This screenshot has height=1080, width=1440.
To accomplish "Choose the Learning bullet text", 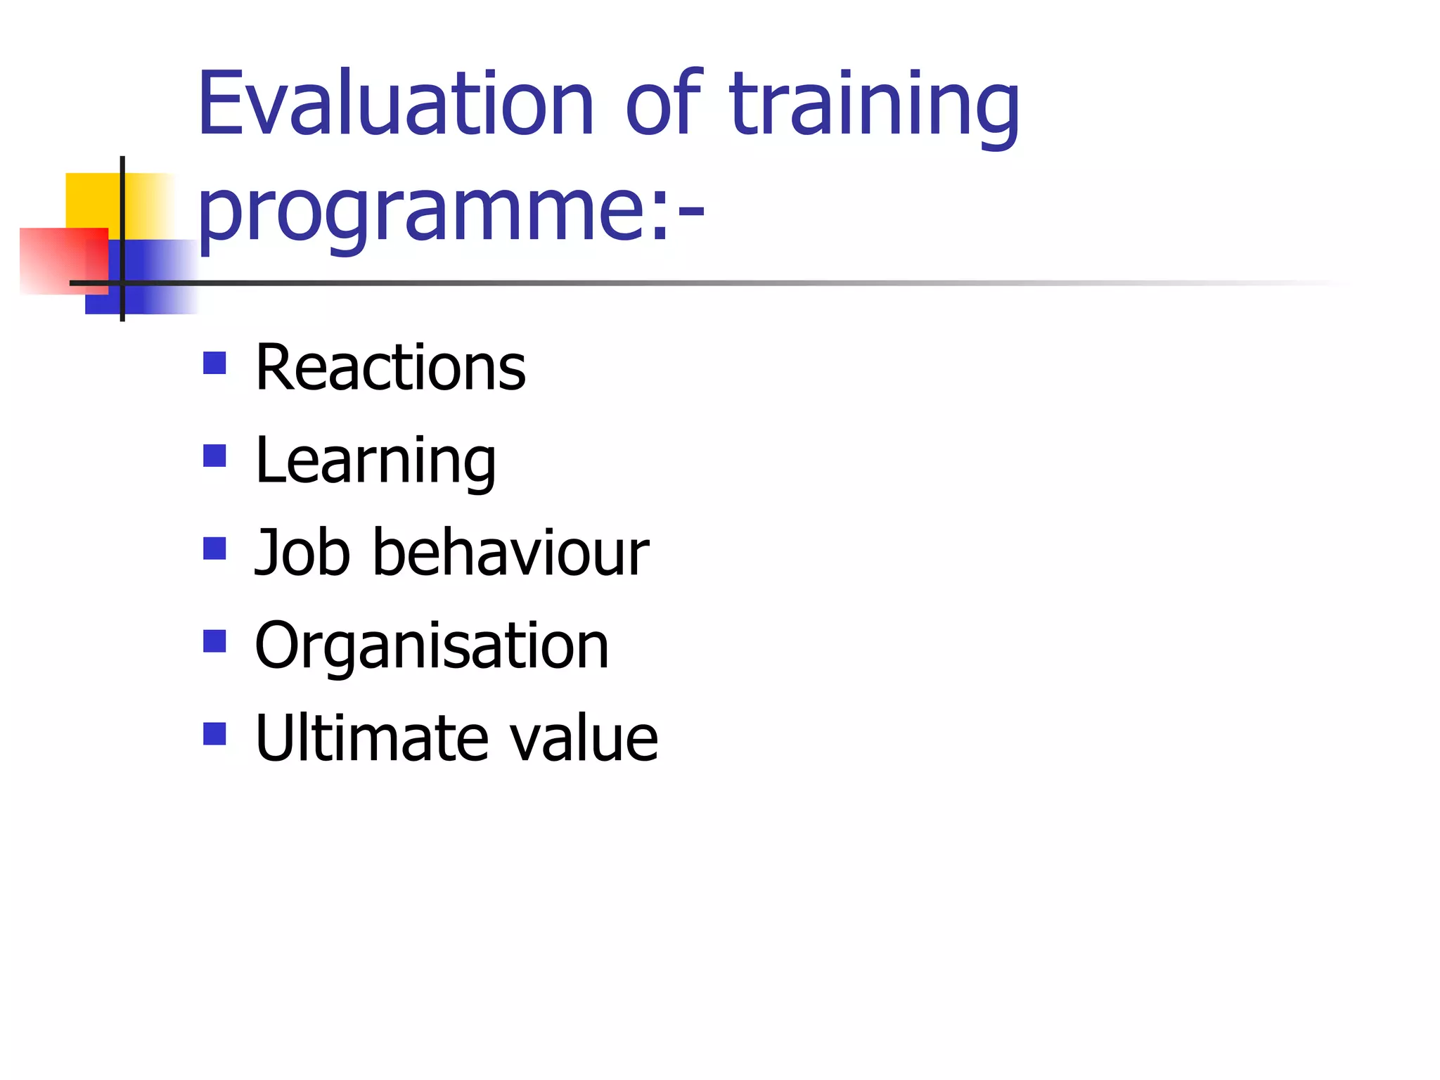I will [x=375, y=462].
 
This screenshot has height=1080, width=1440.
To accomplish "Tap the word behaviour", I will [x=510, y=553].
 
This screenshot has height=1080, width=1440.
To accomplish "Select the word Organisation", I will [x=431, y=647].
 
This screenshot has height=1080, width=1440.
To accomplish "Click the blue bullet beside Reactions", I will [x=214, y=363].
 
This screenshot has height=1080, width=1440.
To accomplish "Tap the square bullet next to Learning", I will [x=214, y=456].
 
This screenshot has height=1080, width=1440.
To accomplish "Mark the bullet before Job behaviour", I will [x=214, y=548].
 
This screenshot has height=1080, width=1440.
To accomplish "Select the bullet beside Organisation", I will [x=214, y=641].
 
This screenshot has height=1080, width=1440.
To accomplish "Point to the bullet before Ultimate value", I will [x=214, y=734].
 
